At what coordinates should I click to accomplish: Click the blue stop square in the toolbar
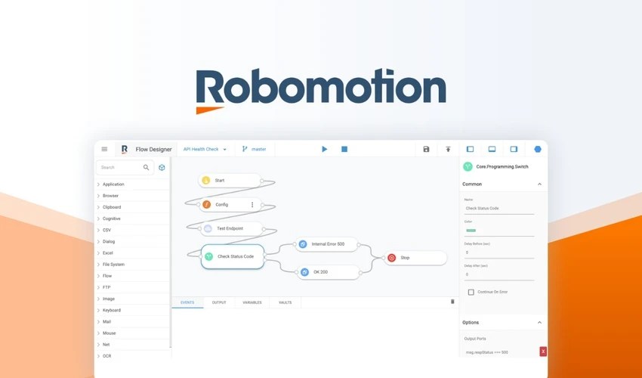344,150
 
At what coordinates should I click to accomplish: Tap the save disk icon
426,150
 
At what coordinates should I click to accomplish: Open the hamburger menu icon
104,150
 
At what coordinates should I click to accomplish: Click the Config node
230,205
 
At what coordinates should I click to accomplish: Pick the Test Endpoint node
231,228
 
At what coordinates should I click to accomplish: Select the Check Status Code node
233,256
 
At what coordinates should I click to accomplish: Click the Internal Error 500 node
326,244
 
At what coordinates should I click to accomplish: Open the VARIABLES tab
252,302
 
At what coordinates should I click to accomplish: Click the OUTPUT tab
219,302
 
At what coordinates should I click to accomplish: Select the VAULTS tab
285,302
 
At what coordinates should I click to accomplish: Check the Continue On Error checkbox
471,292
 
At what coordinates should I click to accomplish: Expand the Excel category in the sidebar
108,253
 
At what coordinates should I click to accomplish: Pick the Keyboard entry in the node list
112,310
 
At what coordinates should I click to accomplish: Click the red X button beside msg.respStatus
543,352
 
